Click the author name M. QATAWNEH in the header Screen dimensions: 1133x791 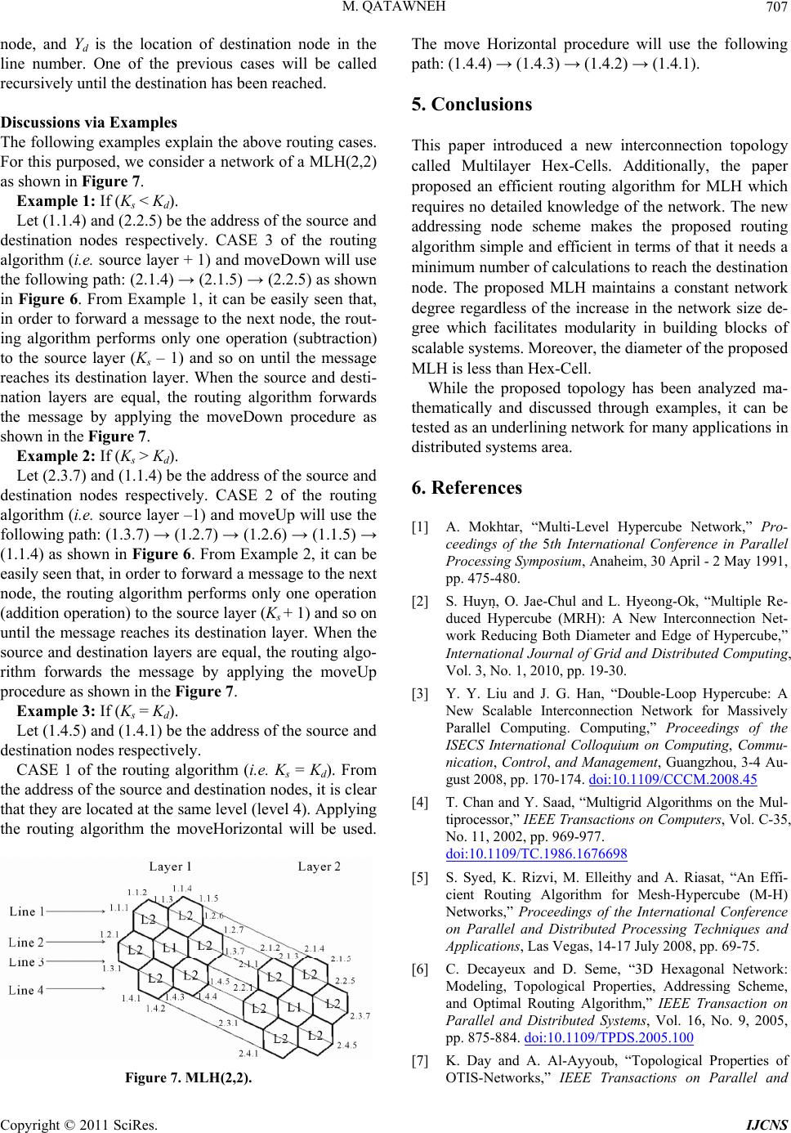click(395, 9)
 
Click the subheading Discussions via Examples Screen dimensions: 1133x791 click(89, 123)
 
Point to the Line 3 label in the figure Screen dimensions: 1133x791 click(27, 961)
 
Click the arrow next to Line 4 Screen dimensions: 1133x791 click(78, 989)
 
